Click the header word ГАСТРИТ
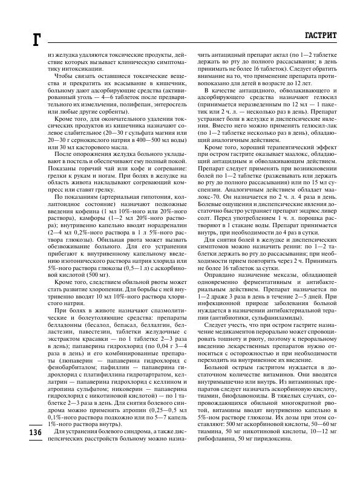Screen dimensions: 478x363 324,35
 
